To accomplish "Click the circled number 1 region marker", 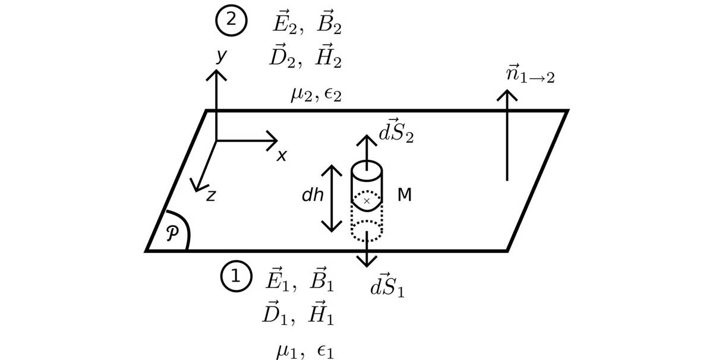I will (236, 277).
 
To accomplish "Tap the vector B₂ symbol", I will (329, 23).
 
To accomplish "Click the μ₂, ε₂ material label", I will (316, 95).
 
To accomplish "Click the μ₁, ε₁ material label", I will (305, 351).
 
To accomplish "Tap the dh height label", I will (312, 195).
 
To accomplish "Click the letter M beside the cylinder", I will (404, 195).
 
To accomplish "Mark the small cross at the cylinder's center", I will (367, 201).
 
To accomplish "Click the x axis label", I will (282, 156).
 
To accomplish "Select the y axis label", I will (221, 56).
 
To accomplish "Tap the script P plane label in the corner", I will (171, 233).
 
